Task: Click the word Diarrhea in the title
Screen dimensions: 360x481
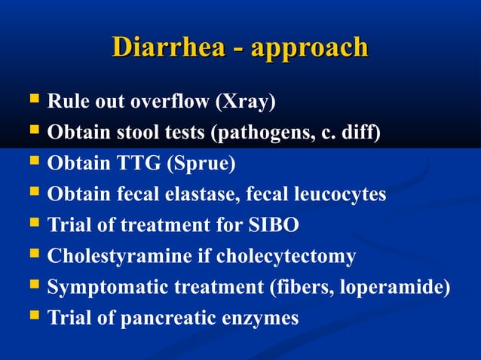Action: point(167,47)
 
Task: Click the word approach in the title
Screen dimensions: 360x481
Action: point(310,49)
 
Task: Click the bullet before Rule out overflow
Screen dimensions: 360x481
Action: point(33,99)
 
